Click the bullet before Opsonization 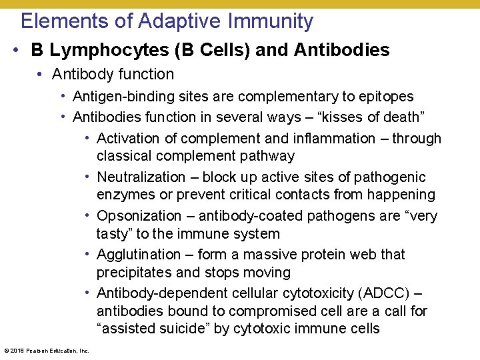(x=89, y=216)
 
